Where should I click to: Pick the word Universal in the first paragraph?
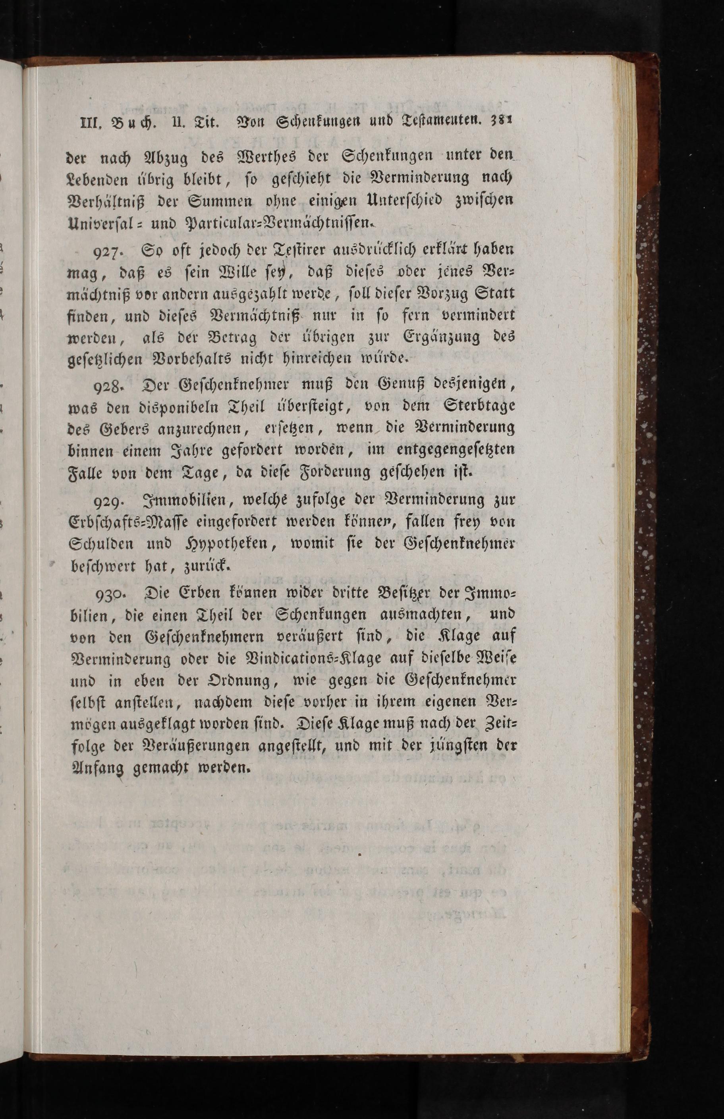click(98, 223)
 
